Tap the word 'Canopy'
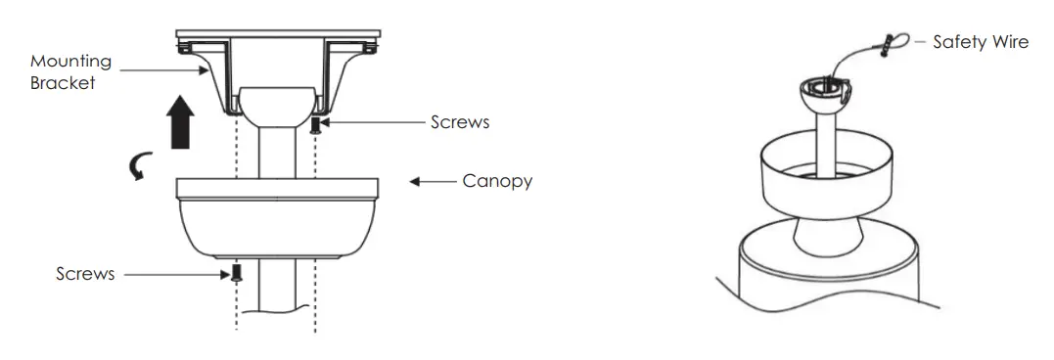[x=497, y=182]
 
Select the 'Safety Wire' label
[x=981, y=42]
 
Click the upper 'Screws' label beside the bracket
[x=460, y=123]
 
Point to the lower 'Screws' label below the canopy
[x=85, y=274]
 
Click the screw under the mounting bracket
[x=315, y=125]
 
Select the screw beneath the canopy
[x=235, y=274]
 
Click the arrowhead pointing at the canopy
[x=415, y=182]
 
